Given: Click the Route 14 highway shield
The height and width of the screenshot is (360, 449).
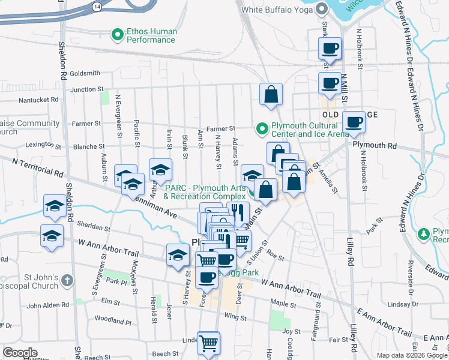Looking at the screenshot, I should (97, 5).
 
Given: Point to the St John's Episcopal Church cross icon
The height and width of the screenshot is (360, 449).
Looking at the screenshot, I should (67, 280).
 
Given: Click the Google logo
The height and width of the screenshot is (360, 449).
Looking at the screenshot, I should (20, 353).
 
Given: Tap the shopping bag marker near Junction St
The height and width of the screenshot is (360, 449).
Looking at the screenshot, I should (271, 94).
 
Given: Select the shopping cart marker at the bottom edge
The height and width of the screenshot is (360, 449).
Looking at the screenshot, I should (208, 343).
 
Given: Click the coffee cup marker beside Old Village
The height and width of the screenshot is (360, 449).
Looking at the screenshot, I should (354, 122).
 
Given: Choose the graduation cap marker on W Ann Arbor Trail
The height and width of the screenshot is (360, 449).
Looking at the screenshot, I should (178, 255).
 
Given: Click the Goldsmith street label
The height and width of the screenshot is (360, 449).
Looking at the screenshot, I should (85, 73).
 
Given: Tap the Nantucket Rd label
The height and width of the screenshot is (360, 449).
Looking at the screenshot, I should (39, 100).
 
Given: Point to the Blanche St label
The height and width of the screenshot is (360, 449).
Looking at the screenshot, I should (89, 146).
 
